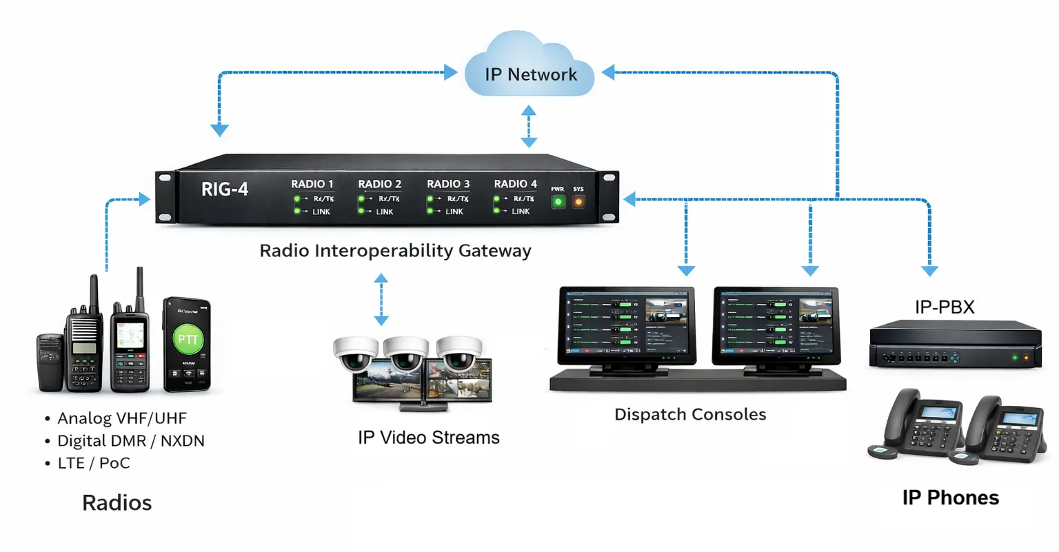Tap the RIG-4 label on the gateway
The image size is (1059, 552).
224,189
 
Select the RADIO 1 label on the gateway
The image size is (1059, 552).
312,184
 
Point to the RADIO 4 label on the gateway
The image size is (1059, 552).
515,184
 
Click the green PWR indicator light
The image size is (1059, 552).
558,202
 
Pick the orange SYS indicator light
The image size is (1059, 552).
578,202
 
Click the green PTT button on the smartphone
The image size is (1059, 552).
188,339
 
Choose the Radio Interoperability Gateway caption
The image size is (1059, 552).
395,251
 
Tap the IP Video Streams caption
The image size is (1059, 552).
428,438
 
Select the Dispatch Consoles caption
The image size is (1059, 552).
690,415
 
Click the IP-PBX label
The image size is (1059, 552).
945,307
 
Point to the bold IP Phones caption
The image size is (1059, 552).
950,498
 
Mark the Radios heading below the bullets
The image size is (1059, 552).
117,503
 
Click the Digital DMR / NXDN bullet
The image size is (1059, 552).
130,441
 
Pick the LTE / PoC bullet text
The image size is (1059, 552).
93,463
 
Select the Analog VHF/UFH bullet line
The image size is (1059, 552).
121,418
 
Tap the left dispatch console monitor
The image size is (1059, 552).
626,325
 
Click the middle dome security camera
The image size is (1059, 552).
406,353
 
